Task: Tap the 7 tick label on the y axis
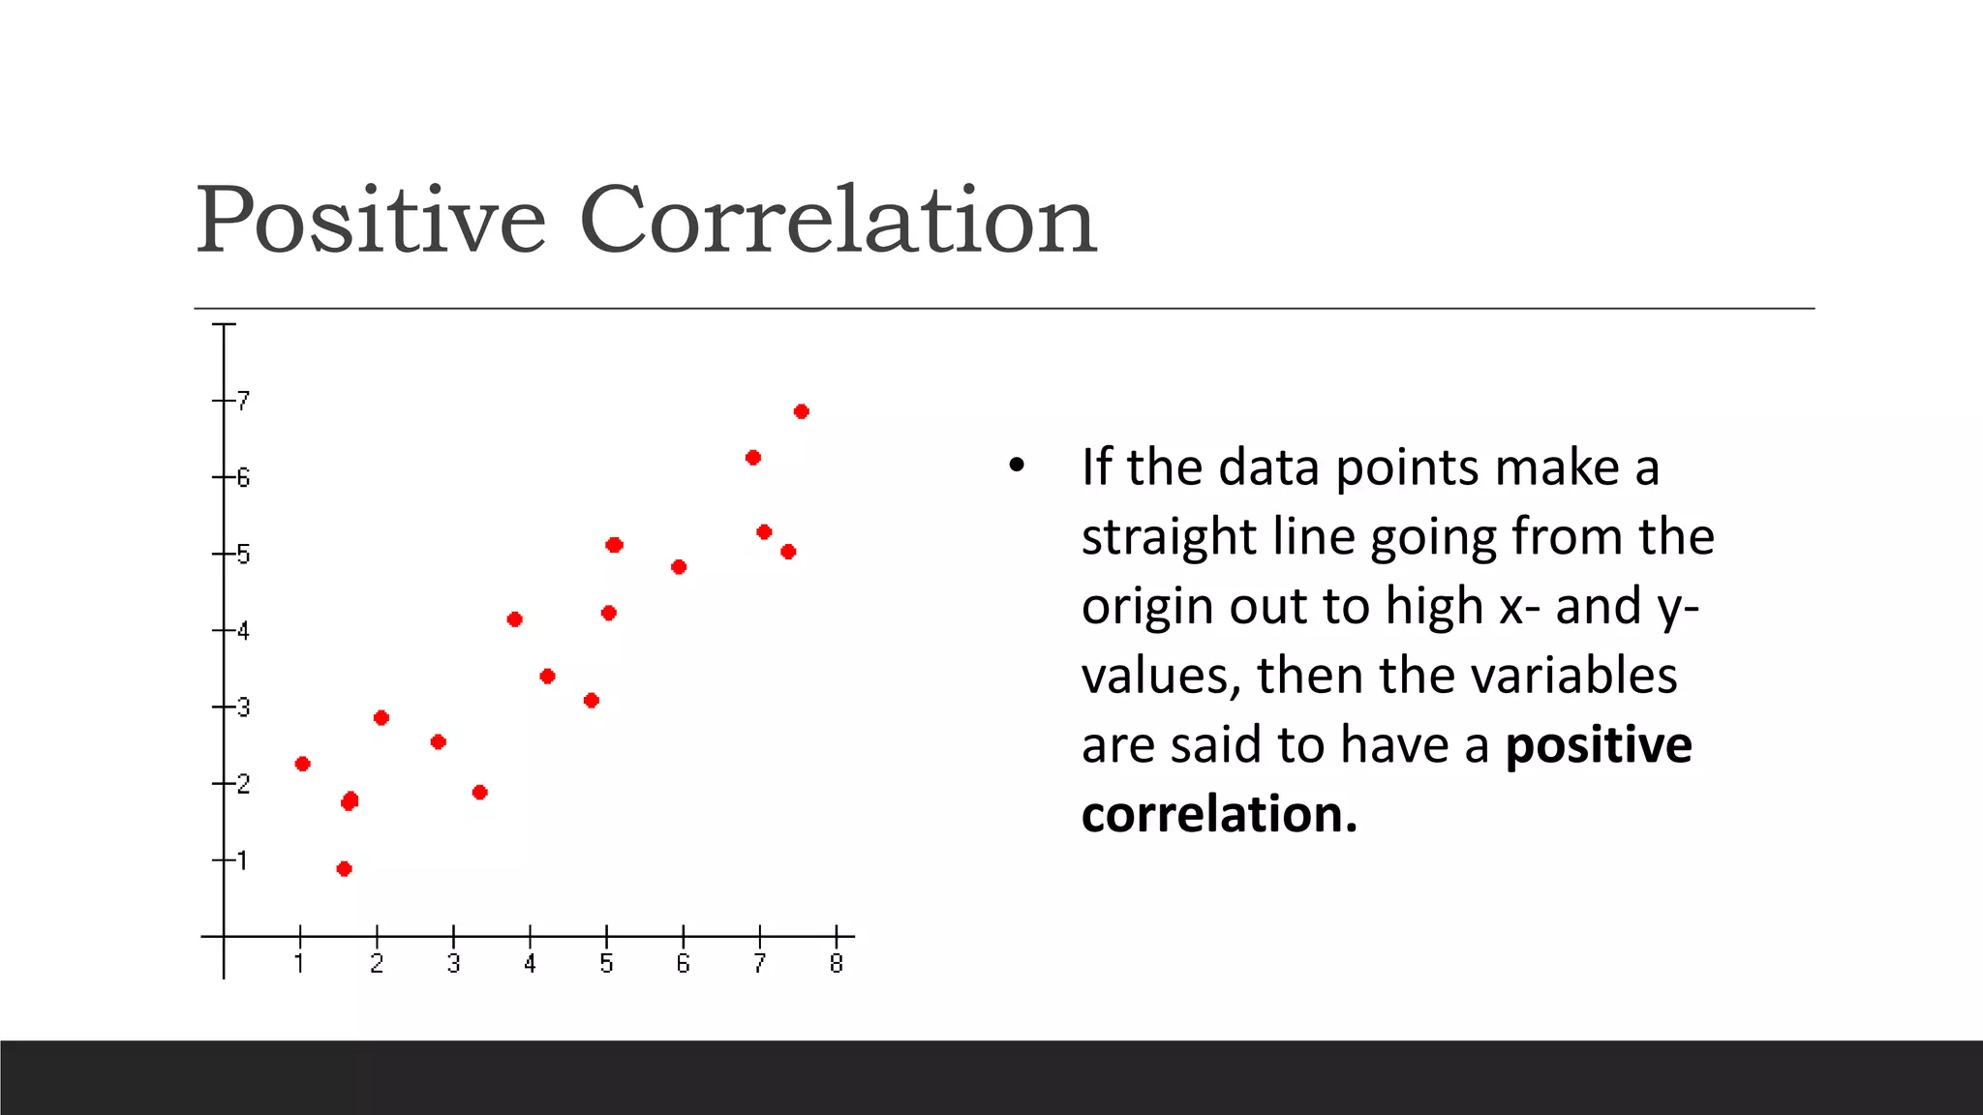click(243, 400)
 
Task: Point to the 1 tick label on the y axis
click(242, 859)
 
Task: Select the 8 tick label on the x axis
click(837, 964)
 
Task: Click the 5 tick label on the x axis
click(606, 964)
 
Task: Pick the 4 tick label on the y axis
click(243, 631)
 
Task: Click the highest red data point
click(801, 411)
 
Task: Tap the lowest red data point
click(344, 868)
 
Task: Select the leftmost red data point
click(302, 764)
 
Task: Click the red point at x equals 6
click(679, 566)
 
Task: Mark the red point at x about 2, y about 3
click(381, 717)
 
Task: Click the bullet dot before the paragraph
click(1016, 467)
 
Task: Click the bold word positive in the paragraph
click(1599, 745)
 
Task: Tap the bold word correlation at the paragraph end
click(1218, 814)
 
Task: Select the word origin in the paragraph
click(1147, 607)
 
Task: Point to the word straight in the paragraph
click(1169, 536)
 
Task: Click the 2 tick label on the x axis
click(377, 964)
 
